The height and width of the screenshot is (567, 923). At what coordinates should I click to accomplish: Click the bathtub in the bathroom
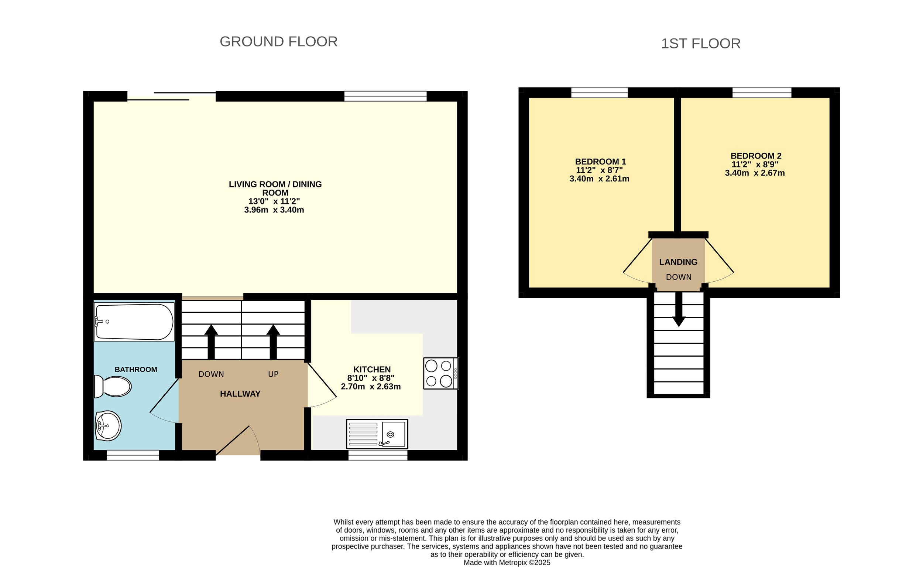[x=134, y=322]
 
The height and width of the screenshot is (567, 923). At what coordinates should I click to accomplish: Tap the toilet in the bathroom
[x=112, y=386]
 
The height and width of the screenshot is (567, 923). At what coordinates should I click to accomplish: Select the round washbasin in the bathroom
[x=108, y=426]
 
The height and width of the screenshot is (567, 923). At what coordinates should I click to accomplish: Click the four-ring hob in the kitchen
[x=440, y=373]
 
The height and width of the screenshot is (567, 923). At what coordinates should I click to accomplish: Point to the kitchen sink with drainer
[x=377, y=434]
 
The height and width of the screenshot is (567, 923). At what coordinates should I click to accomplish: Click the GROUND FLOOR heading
[x=278, y=42]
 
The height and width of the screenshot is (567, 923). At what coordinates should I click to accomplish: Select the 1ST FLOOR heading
[x=700, y=44]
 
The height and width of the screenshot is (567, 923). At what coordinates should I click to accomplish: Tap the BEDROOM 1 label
[x=600, y=162]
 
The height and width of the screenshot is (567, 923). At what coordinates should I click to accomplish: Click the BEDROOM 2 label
[x=756, y=156]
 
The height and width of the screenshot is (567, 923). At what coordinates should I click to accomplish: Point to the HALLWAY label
[x=240, y=394]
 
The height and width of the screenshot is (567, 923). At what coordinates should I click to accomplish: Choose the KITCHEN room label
[x=372, y=369]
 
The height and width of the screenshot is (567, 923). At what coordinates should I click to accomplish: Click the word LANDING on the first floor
[x=678, y=262]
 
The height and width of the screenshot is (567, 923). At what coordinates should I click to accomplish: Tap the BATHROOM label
[x=136, y=369]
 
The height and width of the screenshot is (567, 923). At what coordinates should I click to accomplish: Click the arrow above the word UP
[x=273, y=342]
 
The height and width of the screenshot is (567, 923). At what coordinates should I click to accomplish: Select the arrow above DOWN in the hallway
[x=211, y=342]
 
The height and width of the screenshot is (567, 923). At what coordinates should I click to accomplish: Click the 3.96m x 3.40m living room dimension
[x=274, y=210]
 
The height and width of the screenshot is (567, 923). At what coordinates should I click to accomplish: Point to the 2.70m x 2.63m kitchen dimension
[x=371, y=387]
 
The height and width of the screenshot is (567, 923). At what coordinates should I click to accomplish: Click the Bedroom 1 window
[x=599, y=93]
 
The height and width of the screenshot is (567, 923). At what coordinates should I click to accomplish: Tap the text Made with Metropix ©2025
[x=507, y=563]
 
